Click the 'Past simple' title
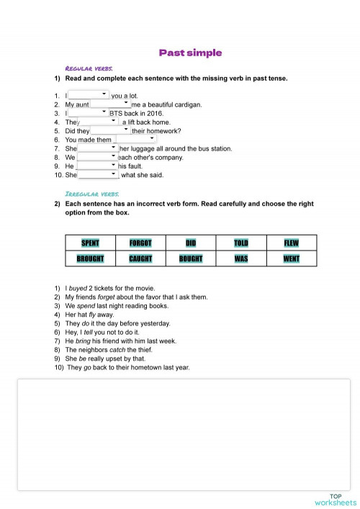pyautogui.click(x=190, y=53)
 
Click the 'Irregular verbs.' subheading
pyautogui.click(x=87, y=194)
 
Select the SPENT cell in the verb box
pyautogui.click(x=90, y=243)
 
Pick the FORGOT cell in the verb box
pyautogui.click(x=140, y=243)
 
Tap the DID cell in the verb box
pyautogui.click(x=191, y=243)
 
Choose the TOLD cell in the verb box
pyautogui.click(x=241, y=243)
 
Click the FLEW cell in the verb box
pyautogui.click(x=292, y=243)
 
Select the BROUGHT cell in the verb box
pyautogui.click(x=90, y=258)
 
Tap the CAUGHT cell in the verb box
pyautogui.click(x=140, y=258)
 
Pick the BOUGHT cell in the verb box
pyautogui.click(x=191, y=258)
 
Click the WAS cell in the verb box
pyautogui.click(x=241, y=258)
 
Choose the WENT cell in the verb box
pyautogui.click(x=292, y=258)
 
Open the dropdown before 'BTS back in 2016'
pyautogui.click(x=88, y=113)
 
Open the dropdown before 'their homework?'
pyautogui.click(x=110, y=131)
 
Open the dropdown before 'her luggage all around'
pyautogui.click(x=97, y=148)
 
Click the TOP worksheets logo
pyautogui.click(x=335, y=500)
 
